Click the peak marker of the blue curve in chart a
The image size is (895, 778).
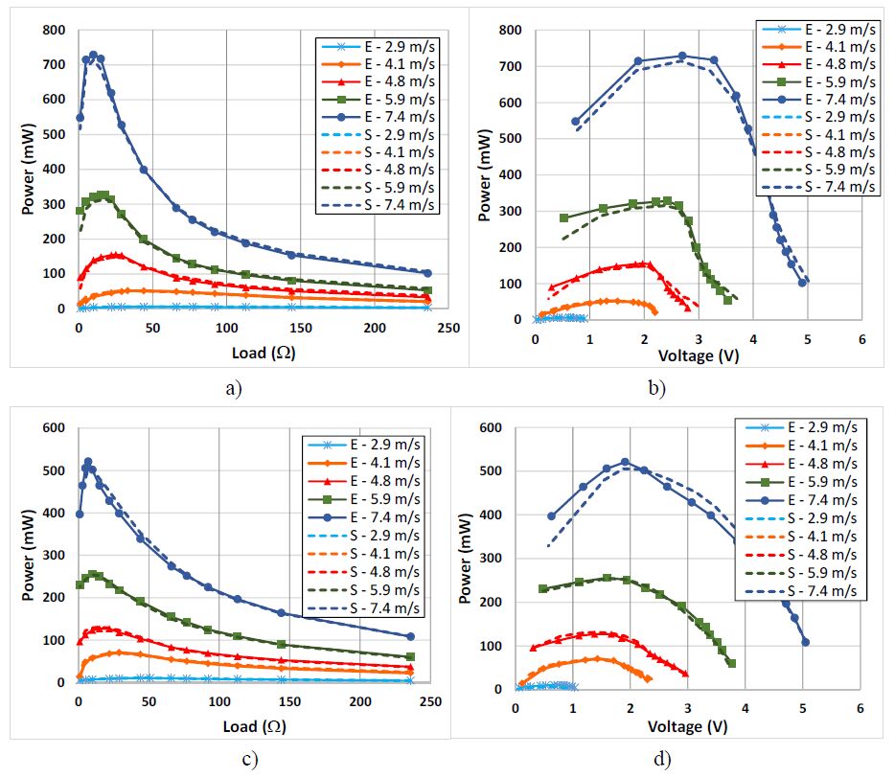[93, 56]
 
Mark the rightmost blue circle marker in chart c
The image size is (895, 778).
[410, 636]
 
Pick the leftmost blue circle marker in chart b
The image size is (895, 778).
[575, 122]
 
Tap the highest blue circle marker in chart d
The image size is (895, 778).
[626, 462]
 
